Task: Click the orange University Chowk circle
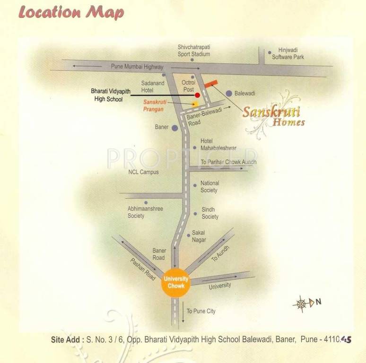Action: [x=176, y=282]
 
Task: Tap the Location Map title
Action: [x=71, y=12]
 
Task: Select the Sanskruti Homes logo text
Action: [x=273, y=116]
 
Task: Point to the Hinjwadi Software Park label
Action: [x=288, y=53]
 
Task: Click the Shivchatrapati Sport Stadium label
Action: [x=194, y=51]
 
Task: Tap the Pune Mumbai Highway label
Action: [x=137, y=67]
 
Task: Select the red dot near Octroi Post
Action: [x=197, y=95]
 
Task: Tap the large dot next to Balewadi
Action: [x=229, y=93]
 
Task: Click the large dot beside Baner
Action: [x=174, y=128]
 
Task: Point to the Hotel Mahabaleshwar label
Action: [x=214, y=145]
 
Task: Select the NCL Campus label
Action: [x=143, y=172]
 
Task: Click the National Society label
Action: [x=209, y=186]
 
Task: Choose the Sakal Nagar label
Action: [x=199, y=236]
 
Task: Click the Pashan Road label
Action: [x=143, y=269]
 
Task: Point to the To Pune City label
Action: [x=200, y=311]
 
